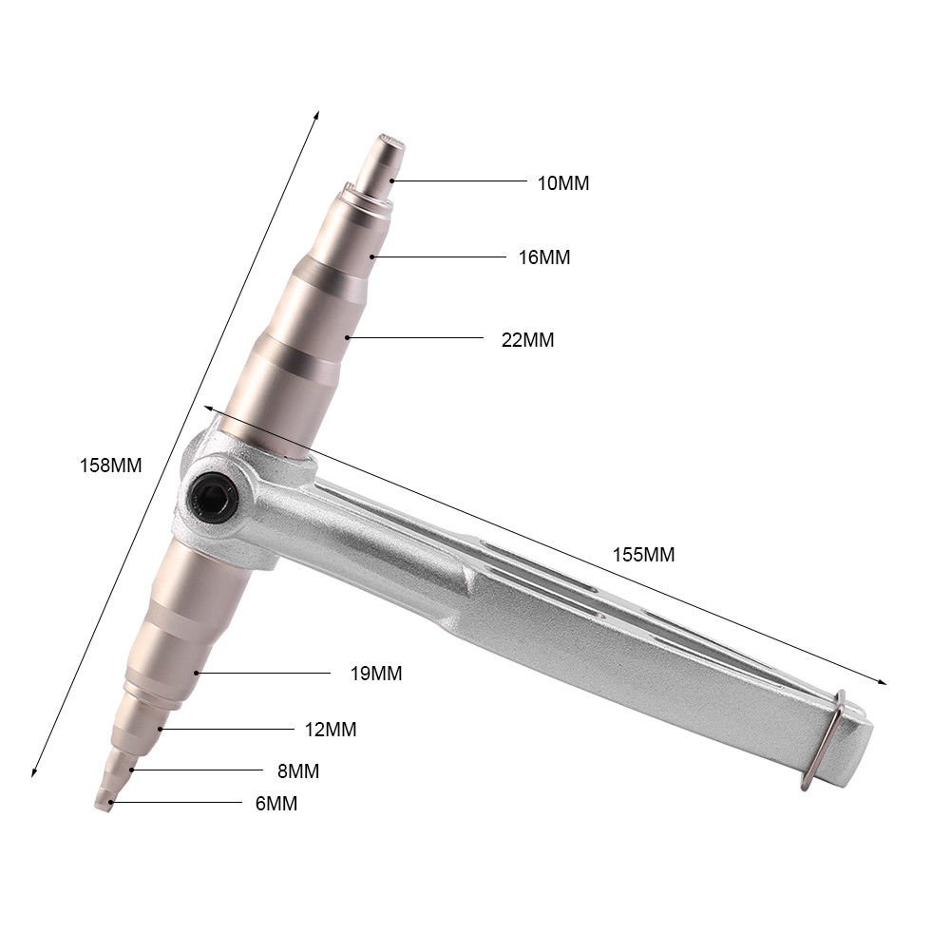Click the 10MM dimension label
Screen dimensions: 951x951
[562, 183]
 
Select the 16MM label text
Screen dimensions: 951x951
[544, 257]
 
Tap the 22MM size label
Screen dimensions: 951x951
[527, 339]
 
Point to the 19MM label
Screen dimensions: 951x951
[375, 674]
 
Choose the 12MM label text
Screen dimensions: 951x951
[331, 730]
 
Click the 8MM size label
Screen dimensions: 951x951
[296, 770]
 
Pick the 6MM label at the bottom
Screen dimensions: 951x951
[276, 804]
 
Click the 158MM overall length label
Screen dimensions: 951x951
[111, 466]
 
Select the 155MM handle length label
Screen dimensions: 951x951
[644, 555]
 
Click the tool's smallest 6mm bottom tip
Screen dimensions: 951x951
[103, 804]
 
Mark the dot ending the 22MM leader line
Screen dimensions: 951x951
[348, 337]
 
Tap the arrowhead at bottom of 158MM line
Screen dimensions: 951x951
[34, 773]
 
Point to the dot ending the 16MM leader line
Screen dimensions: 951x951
[374, 257]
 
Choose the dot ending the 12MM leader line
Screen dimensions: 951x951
[162, 729]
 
